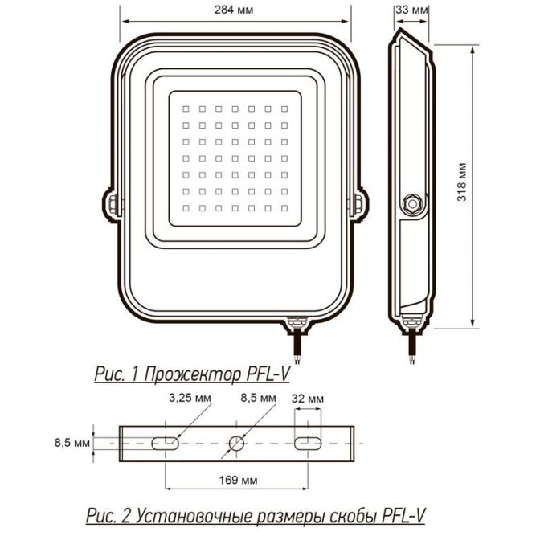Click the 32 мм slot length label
point(309,398)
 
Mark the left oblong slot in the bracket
point(166,442)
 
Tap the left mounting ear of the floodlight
point(109,203)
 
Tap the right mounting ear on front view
point(362,203)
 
